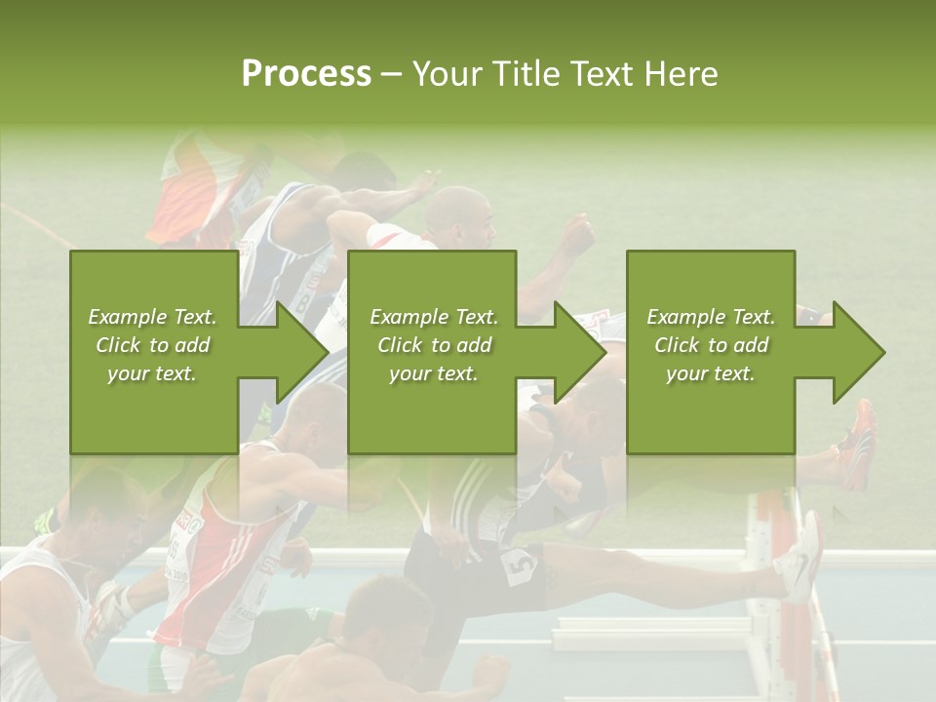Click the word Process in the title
(x=306, y=74)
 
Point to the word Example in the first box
(x=126, y=317)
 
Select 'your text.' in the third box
(x=710, y=373)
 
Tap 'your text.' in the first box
(x=151, y=373)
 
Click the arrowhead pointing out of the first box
(x=301, y=352)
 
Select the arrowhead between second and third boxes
(x=579, y=352)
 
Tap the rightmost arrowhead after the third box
(x=858, y=352)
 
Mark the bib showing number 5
(x=520, y=565)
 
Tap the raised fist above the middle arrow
(x=579, y=235)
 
